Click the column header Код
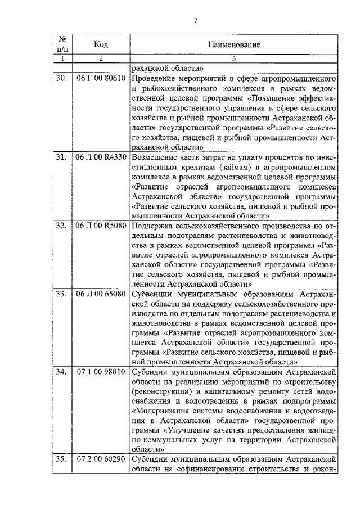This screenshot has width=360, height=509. coord(101,44)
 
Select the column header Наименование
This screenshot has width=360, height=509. coord(233,44)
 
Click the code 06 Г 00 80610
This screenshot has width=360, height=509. coord(101,79)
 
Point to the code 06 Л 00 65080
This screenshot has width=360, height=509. coord(101,294)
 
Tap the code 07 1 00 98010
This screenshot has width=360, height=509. coord(101,372)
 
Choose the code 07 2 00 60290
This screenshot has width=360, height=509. coord(101,460)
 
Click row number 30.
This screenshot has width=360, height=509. coord(61,79)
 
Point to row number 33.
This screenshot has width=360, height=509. coord(61,294)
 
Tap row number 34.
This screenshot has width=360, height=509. coord(61,372)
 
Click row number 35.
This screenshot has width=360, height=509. coord(61,460)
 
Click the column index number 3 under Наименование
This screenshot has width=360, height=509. coord(233,57)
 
